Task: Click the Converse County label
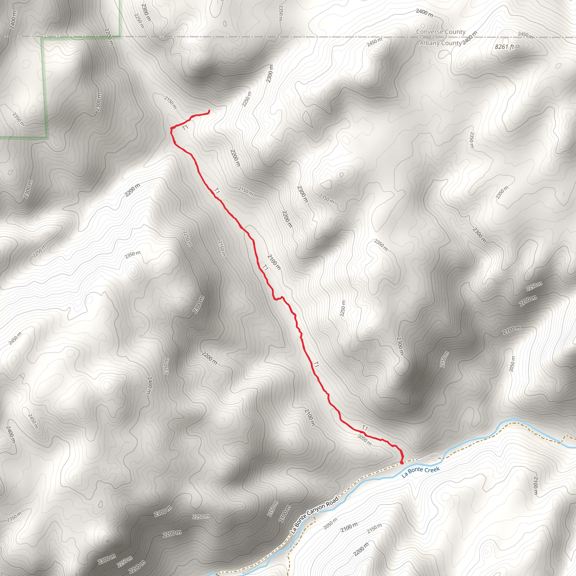(441, 32)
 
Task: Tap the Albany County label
(440, 43)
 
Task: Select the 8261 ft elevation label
(505, 47)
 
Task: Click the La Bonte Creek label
(420, 472)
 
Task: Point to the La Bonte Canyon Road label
(314, 515)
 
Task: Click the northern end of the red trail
(209, 111)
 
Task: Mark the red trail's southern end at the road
(401, 463)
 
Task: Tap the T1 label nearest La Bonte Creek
(365, 428)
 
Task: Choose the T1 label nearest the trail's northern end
(185, 128)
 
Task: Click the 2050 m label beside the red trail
(364, 440)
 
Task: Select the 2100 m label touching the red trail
(274, 262)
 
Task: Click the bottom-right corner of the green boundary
(47, 138)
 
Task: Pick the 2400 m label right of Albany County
(470, 38)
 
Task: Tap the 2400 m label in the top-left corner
(13, 20)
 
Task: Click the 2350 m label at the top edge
(280, 13)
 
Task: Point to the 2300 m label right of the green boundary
(98, 102)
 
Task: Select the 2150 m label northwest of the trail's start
(170, 102)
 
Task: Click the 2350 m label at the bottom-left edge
(14, 517)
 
